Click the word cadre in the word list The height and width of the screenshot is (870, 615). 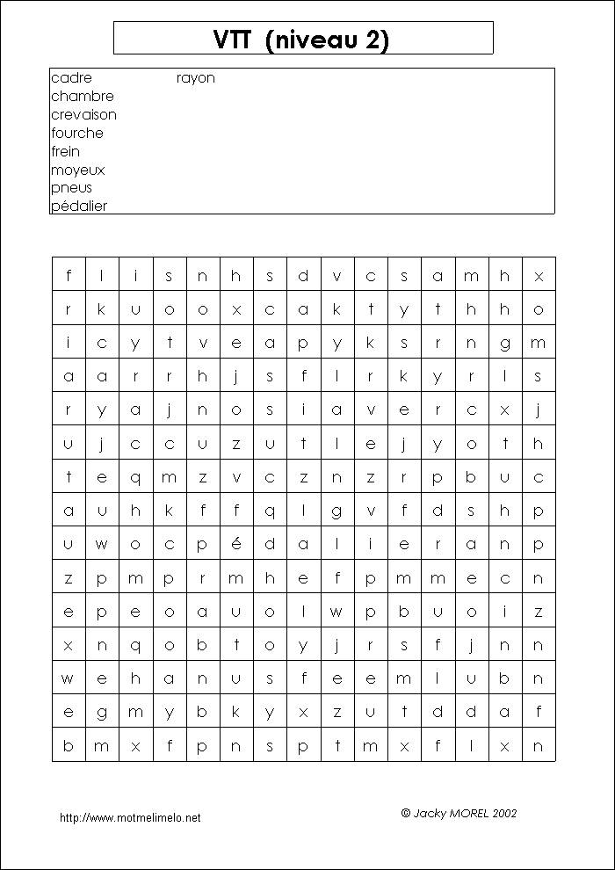(71, 78)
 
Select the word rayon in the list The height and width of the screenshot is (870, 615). (195, 78)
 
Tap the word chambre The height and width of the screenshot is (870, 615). (83, 97)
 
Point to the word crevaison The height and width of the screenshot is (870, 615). (83, 115)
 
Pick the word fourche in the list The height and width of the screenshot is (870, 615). (77, 134)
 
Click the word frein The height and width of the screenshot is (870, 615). (65, 152)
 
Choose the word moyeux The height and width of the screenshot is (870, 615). (77, 170)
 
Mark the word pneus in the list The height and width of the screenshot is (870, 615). (71, 188)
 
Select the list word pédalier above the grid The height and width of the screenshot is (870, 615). (79, 207)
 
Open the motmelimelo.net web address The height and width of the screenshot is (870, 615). (130, 818)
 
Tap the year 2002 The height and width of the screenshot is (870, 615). (505, 814)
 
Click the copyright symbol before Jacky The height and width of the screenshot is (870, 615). (405, 814)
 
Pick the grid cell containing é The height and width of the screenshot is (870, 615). (236, 544)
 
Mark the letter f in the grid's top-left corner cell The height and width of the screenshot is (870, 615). (69, 276)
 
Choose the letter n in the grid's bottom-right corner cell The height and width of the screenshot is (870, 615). (539, 745)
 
